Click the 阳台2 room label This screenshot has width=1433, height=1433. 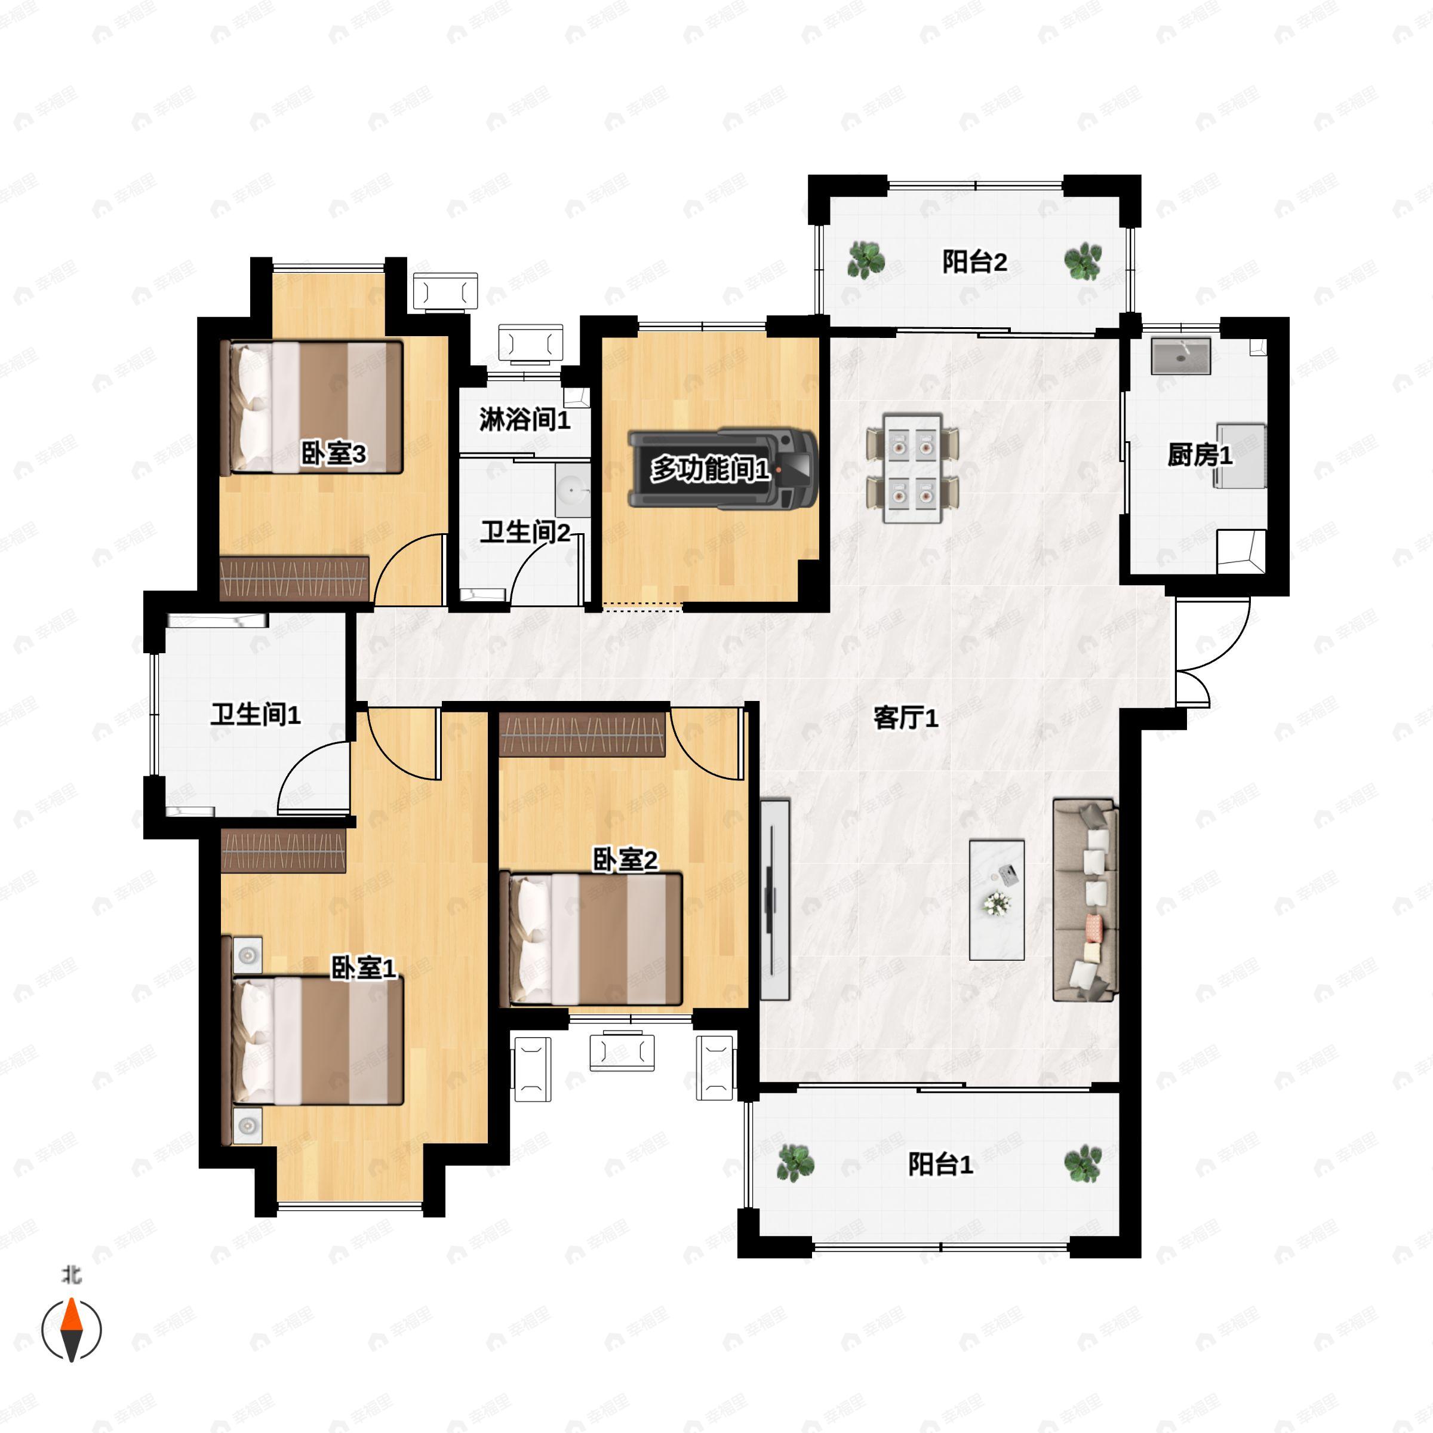click(x=974, y=262)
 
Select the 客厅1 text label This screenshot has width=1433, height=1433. click(x=906, y=718)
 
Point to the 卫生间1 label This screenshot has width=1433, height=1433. click(x=255, y=715)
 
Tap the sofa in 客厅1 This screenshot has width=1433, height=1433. click(x=1085, y=900)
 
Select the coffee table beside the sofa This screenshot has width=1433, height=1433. click(x=997, y=900)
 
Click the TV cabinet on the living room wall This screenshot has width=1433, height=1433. click(x=775, y=900)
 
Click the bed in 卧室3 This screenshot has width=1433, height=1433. click(x=315, y=407)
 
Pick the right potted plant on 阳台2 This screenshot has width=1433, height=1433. click(x=1083, y=261)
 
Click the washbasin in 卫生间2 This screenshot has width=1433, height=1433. click(x=573, y=490)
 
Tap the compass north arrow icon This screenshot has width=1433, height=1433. click(x=71, y=1329)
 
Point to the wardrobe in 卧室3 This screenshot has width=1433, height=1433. click(x=294, y=578)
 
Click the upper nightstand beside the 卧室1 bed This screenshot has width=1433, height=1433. click(x=247, y=955)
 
